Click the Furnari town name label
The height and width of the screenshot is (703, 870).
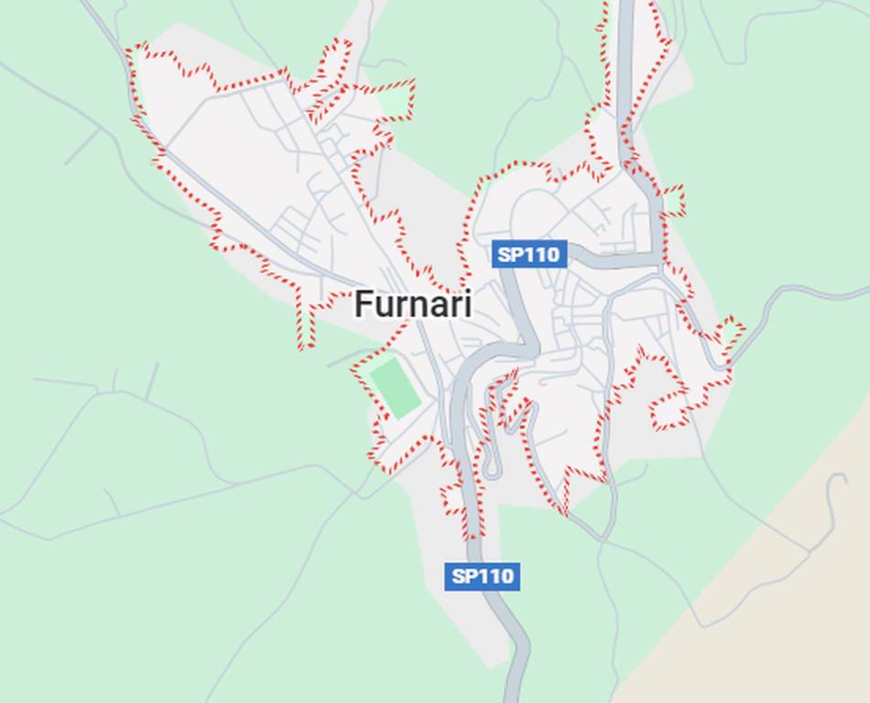tap(413, 304)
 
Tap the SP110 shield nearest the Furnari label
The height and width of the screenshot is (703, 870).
tap(528, 254)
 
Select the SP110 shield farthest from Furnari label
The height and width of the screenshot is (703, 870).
tap(483, 576)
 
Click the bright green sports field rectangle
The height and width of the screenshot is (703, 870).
tap(395, 389)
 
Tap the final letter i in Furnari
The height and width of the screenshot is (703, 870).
tap(467, 304)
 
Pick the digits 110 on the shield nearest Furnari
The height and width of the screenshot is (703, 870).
tap(541, 254)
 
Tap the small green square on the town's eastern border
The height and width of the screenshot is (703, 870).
tap(674, 200)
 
